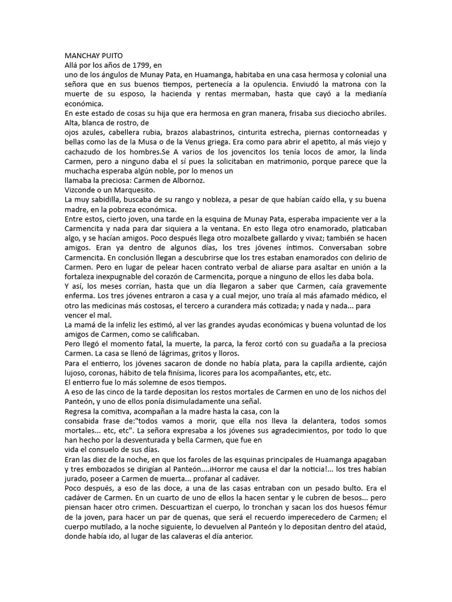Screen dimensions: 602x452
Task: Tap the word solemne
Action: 148,382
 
